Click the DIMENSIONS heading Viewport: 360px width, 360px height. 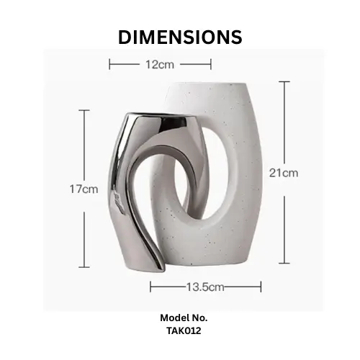point(180,37)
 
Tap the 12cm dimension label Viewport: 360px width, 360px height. point(160,65)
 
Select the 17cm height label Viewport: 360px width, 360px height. point(84,189)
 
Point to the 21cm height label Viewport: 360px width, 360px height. point(284,173)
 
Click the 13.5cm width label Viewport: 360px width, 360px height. point(205,287)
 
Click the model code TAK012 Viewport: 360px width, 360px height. point(184,330)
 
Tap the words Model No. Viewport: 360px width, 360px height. point(184,318)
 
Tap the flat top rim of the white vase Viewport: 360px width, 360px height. point(207,84)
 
